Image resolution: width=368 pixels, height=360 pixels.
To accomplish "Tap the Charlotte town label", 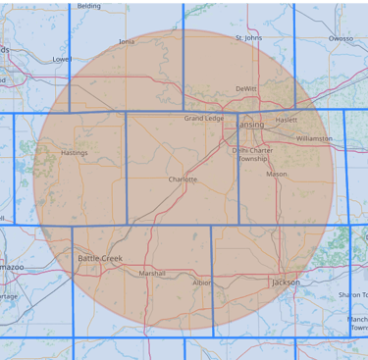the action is pos(183,180).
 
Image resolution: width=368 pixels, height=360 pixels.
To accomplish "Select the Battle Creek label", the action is pos(99,257).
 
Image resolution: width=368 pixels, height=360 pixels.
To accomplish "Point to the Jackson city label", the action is pos(286,283).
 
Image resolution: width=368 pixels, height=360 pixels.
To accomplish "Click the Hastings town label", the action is pos(74,153).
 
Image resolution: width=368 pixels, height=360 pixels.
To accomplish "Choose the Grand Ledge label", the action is pos(204,119).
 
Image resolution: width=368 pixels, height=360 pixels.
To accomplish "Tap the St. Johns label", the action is pos(249,38).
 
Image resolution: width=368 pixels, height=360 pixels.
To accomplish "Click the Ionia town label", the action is pos(127,42).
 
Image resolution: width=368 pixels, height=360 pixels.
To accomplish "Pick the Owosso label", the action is pos(341,38).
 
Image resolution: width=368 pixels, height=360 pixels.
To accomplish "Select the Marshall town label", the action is pos(152,274).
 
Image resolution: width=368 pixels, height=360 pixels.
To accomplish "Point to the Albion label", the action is pos(201,283).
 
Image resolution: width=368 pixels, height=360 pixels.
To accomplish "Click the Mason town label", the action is pos(277,175).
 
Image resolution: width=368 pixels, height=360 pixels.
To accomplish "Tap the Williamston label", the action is pos(314,139).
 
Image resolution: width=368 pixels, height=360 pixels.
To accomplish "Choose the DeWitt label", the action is pos(245,88).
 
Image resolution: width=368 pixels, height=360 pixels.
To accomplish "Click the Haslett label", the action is pos(286,120).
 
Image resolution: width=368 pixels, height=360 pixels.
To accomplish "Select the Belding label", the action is pos(89,5).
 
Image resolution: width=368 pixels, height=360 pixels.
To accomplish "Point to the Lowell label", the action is pos(62,59).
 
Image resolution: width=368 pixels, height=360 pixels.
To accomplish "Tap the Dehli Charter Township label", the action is pos(252,154).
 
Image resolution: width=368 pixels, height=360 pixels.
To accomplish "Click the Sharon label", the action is pos(352,293).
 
